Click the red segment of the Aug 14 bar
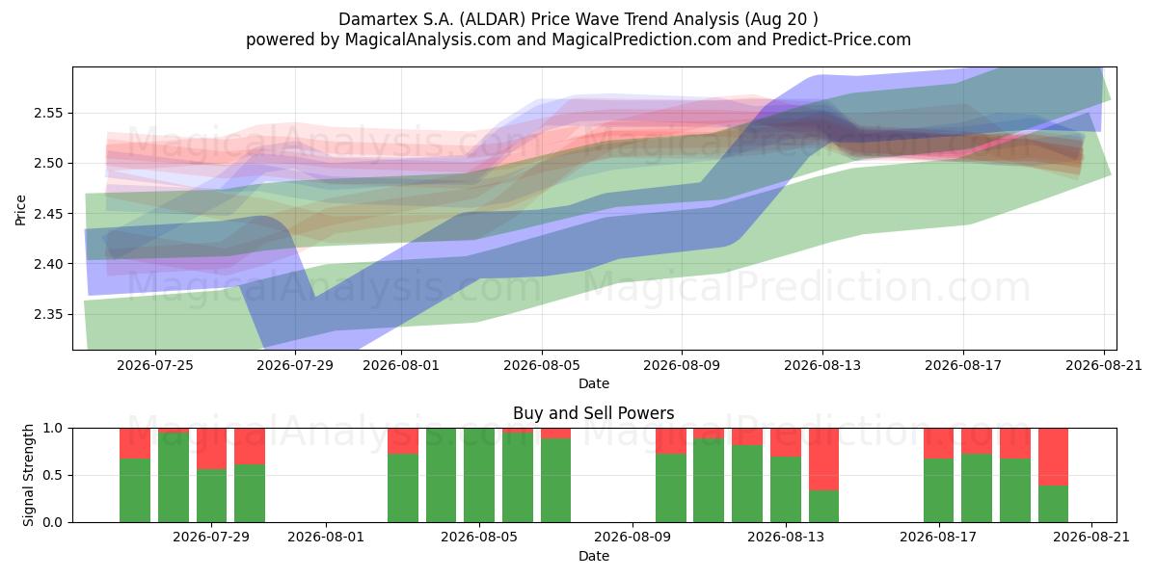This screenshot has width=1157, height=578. pos(823,460)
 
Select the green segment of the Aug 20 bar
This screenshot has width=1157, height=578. pos(1053,504)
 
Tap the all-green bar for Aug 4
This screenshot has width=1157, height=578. pos(442,475)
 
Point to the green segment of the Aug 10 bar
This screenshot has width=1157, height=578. pos(671,488)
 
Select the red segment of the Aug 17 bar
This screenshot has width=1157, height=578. pos(938,443)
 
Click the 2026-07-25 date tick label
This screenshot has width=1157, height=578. pos(155,365)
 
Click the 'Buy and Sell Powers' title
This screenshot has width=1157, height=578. pos(594,413)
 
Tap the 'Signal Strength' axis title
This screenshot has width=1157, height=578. pos(28,475)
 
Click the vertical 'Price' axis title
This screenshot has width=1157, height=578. pos(20,210)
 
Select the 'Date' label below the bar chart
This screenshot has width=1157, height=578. pos(594,556)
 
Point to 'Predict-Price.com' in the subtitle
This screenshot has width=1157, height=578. pos(842,39)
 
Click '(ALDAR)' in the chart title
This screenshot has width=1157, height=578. pos(493,19)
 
